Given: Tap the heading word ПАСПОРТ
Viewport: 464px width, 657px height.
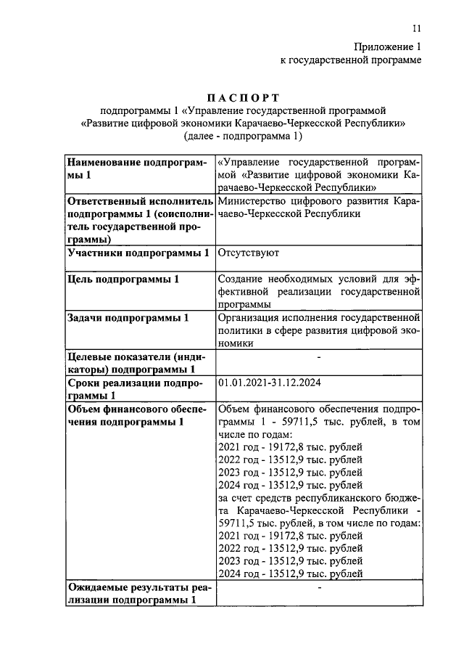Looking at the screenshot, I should (x=243, y=97).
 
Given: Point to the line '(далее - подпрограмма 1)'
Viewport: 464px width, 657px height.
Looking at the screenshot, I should (x=243, y=136).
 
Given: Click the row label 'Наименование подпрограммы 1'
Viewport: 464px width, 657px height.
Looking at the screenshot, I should (x=136, y=168).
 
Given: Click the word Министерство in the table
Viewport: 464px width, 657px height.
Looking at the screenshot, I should (x=248, y=201).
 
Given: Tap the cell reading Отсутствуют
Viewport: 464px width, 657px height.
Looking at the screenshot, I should (x=243, y=253).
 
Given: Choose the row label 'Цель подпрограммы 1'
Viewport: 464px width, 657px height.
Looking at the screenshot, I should (x=123, y=279).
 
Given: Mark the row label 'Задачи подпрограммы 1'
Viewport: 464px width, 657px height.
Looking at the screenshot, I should (x=128, y=318).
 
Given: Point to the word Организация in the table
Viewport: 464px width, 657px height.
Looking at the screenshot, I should (x=249, y=318).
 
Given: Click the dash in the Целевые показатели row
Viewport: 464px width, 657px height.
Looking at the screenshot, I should (x=319, y=356).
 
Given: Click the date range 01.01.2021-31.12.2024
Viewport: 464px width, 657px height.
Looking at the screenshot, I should (x=270, y=383).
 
